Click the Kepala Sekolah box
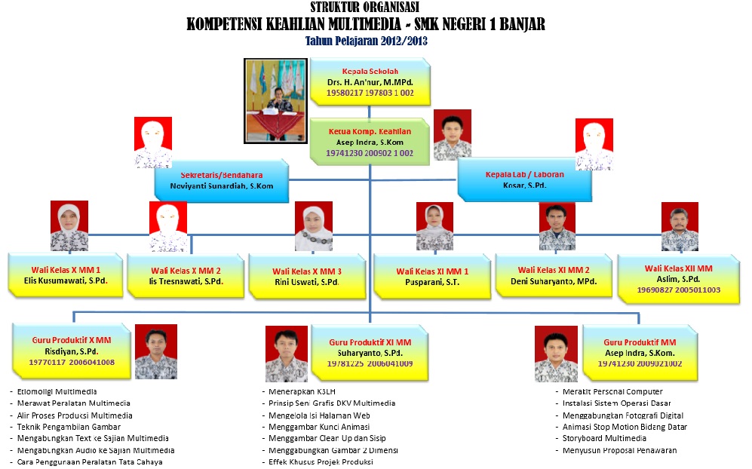pos(370,81)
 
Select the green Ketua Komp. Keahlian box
pos(370,141)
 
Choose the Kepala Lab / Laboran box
pos(524,180)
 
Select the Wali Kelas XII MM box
pos(678,274)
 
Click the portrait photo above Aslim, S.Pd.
pos(680,227)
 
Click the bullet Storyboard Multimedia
pos(604,438)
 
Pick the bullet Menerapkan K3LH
pos(294,391)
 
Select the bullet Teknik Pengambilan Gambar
pos(68,427)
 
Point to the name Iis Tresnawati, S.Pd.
pos(186,282)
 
